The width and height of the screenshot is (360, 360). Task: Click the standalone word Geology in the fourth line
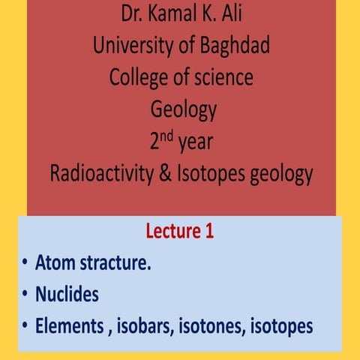(x=183, y=110)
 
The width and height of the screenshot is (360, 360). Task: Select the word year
(x=196, y=142)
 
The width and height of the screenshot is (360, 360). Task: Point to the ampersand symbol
(x=176, y=173)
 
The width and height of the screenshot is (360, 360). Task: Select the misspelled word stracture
(x=120, y=263)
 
